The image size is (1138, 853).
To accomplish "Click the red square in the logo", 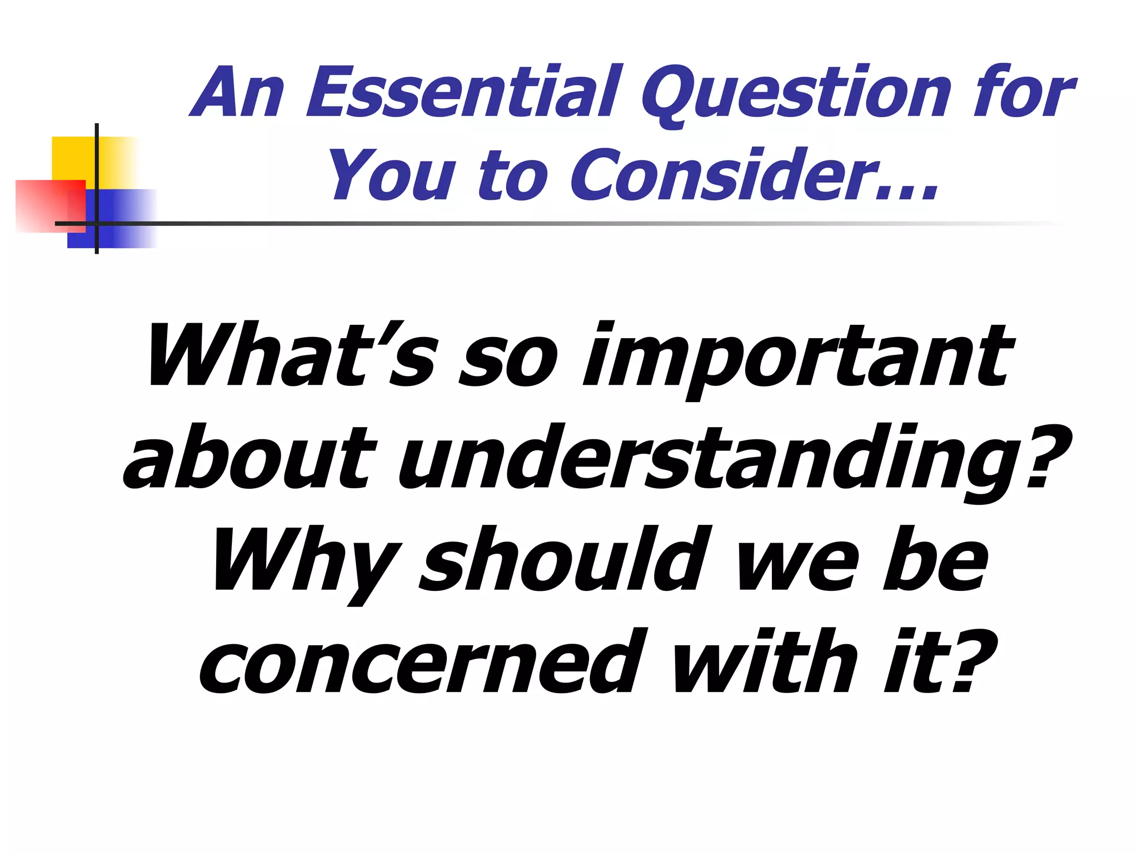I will pyautogui.click(x=44, y=205).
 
